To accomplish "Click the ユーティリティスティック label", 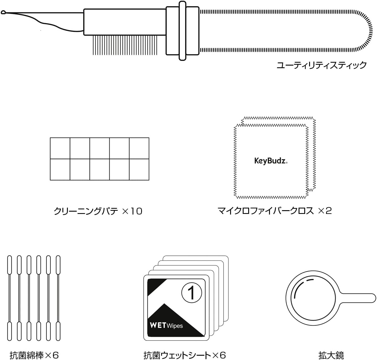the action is click(x=321, y=65).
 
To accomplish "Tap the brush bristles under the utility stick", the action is click(x=125, y=45).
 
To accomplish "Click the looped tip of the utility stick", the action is click(x=3, y=13).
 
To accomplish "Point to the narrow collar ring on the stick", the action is click(x=182, y=31).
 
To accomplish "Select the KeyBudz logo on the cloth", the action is click(x=271, y=161).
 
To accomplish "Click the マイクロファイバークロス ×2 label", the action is click(x=275, y=211).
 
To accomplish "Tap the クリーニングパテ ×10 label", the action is click(x=98, y=211).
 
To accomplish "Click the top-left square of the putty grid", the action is click(x=60, y=148).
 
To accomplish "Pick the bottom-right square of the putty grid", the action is click(x=139, y=170).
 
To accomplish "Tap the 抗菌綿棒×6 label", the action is click(x=34, y=355).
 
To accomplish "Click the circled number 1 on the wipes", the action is click(x=192, y=293).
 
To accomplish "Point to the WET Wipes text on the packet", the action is click(x=166, y=325).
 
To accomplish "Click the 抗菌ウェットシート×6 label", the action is click(x=184, y=355).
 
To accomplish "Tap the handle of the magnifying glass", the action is click(x=358, y=298).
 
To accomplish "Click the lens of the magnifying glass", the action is click(x=313, y=298).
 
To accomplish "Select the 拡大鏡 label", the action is click(x=331, y=355).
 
